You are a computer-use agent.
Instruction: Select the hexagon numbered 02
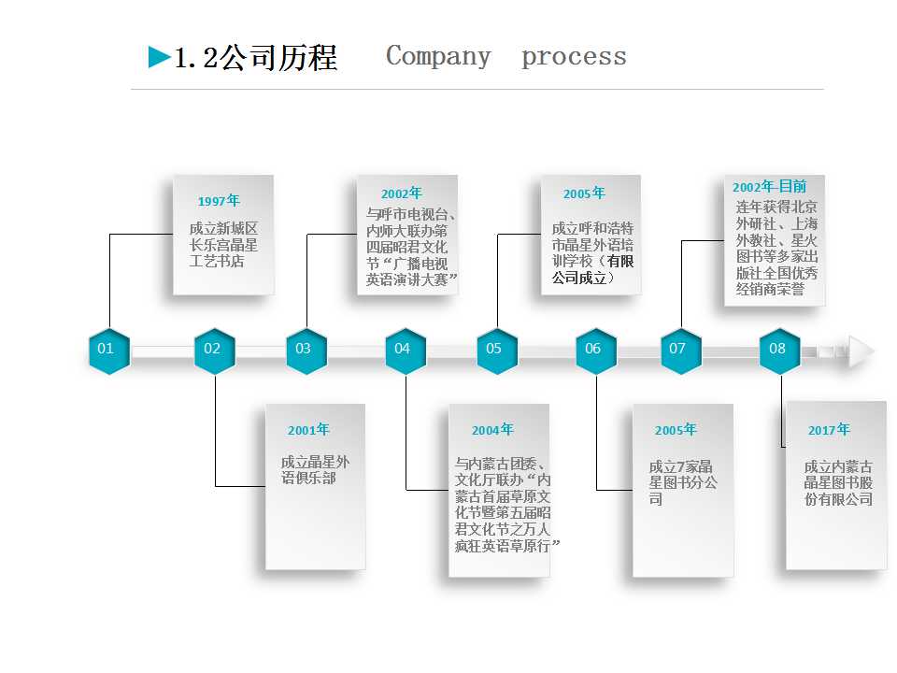214,351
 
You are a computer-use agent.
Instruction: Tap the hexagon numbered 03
306,351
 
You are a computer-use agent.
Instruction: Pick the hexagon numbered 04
405,351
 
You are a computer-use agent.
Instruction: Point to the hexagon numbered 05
496,351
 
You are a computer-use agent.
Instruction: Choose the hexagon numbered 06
595,351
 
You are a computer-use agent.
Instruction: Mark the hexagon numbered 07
680,351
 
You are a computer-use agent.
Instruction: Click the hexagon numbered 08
779,351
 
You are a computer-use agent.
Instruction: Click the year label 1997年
219,201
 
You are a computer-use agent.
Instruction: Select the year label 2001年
308,430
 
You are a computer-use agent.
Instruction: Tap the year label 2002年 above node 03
402,193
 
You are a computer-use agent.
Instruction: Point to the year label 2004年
492,430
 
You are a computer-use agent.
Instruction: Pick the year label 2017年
829,430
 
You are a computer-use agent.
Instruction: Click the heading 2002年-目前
769,187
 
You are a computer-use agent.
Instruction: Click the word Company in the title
438,57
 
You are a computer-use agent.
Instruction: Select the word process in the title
574,57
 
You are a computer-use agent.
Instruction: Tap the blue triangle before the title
160,58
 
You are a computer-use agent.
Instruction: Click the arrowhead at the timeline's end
861,351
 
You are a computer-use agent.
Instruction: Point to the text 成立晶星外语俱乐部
316,469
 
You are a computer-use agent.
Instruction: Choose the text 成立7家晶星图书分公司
683,482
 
